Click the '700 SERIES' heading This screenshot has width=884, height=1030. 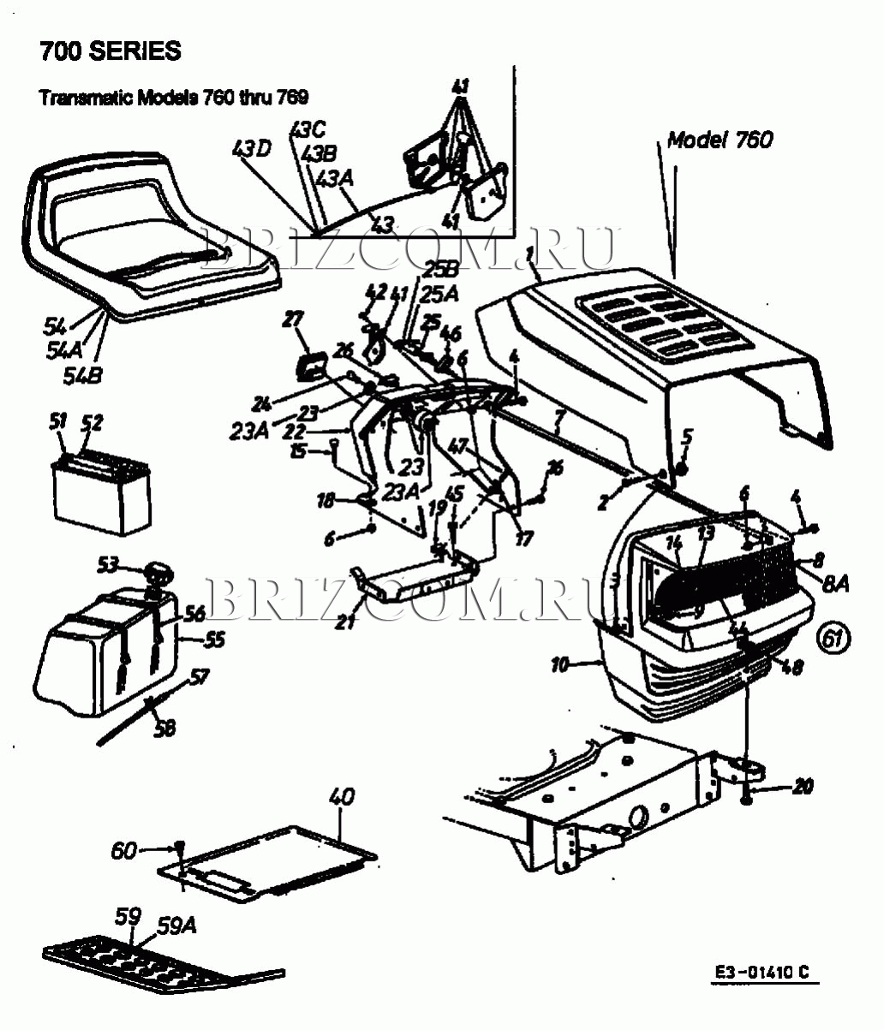(110, 51)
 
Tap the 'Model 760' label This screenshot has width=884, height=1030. (720, 140)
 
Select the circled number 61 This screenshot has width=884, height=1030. (833, 638)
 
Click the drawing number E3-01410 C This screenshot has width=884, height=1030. (762, 973)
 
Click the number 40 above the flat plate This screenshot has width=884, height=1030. (340, 796)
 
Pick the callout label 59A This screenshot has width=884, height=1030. (176, 925)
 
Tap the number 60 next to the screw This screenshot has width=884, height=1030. (124, 850)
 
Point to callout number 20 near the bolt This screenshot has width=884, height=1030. (802, 786)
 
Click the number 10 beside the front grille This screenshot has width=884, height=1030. (560, 664)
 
